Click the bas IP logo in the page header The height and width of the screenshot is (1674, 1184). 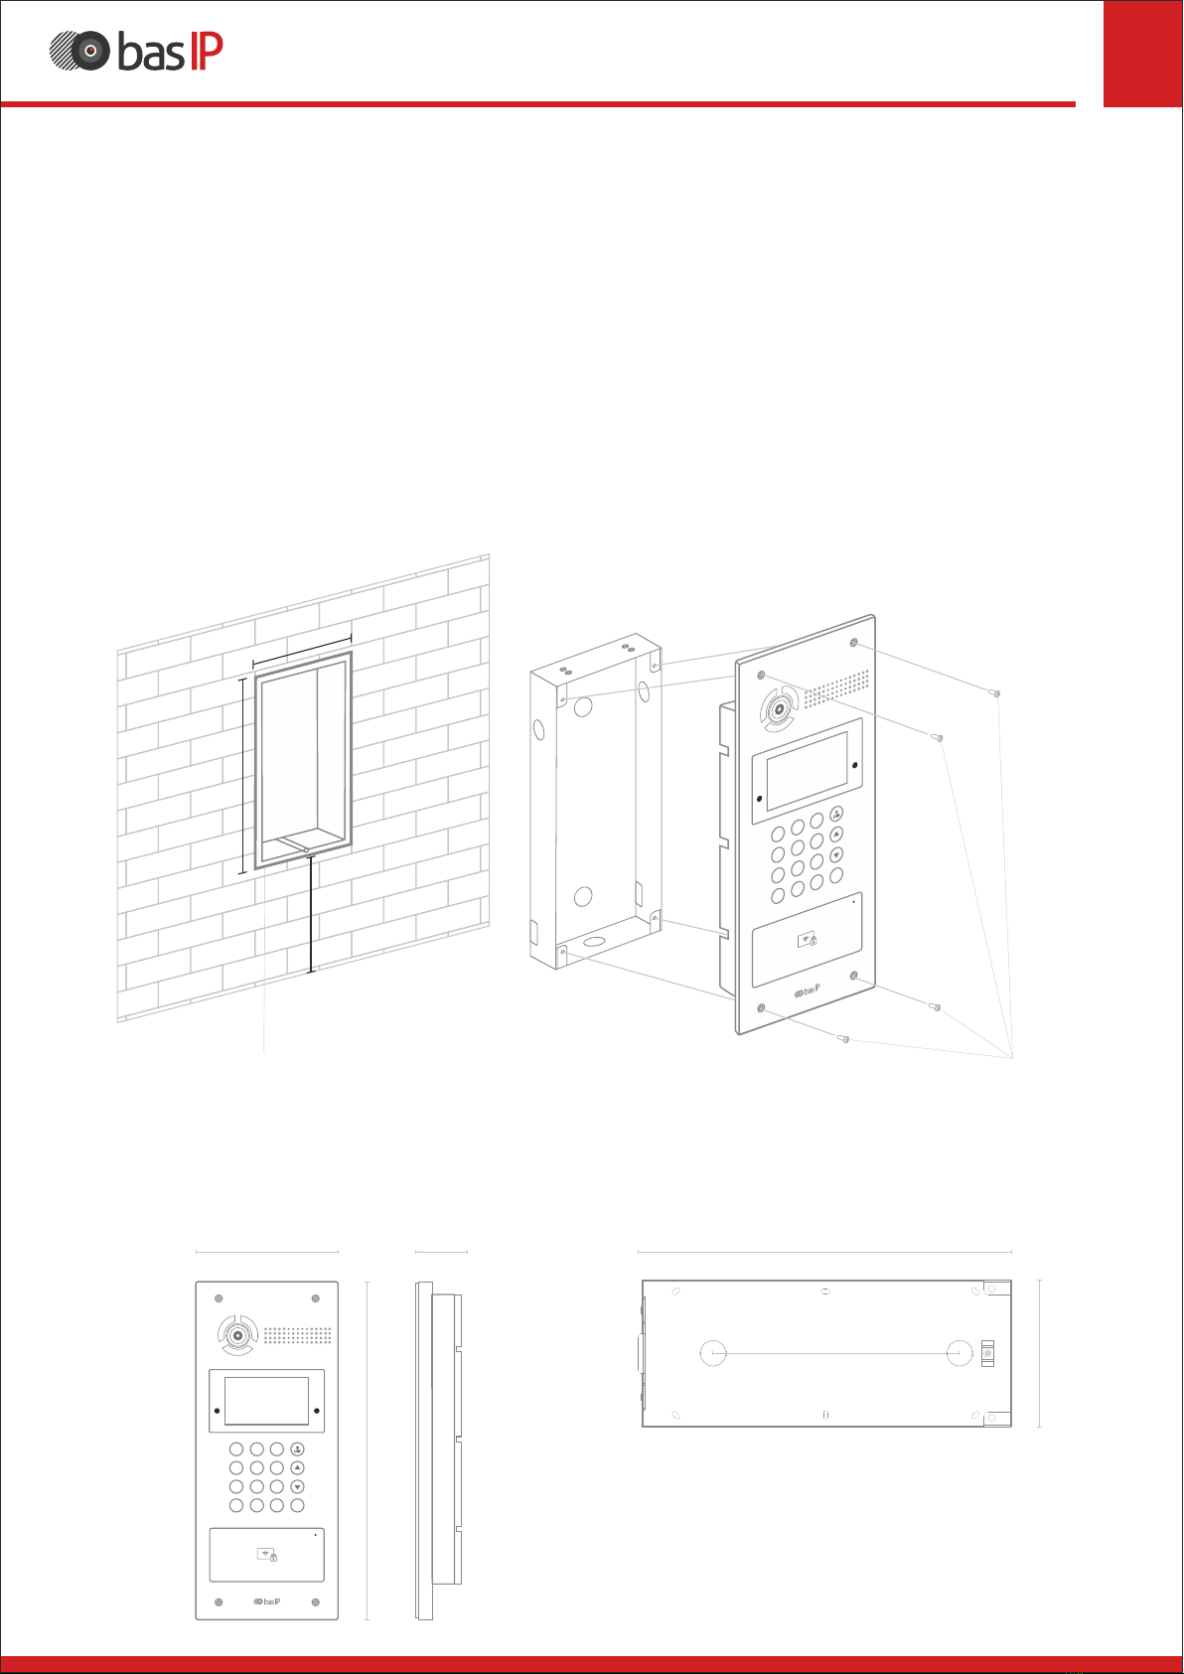pyautogui.click(x=136, y=52)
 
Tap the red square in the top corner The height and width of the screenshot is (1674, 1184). pyautogui.click(x=1142, y=53)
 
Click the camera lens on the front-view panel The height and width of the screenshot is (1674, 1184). pyautogui.click(x=237, y=1336)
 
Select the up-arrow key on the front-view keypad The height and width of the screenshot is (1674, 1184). pyautogui.click(x=297, y=1467)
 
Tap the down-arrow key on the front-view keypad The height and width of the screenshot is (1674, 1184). pyautogui.click(x=297, y=1487)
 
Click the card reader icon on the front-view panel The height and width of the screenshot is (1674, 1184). pyautogui.click(x=266, y=1554)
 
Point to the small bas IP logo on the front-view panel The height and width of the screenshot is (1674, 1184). pyautogui.click(x=267, y=1601)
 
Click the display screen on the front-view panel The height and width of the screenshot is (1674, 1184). pyautogui.click(x=266, y=1401)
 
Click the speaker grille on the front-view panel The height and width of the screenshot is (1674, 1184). pyautogui.click(x=297, y=1335)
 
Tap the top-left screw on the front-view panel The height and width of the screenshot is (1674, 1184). pyautogui.click(x=219, y=1298)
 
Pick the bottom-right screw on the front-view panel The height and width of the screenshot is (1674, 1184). pyautogui.click(x=315, y=1601)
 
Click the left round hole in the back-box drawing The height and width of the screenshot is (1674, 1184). pyautogui.click(x=713, y=1352)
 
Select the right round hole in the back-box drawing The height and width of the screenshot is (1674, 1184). pyautogui.click(x=959, y=1352)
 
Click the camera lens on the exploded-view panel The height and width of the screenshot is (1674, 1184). pyautogui.click(x=777, y=709)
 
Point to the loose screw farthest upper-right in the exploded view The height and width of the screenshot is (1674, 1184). pyautogui.click(x=995, y=692)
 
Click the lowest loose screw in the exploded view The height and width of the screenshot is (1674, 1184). pyautogui.click(x=844, y=1039)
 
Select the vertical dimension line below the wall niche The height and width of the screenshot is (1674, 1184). pyautogui.click(x=312, y=914)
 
